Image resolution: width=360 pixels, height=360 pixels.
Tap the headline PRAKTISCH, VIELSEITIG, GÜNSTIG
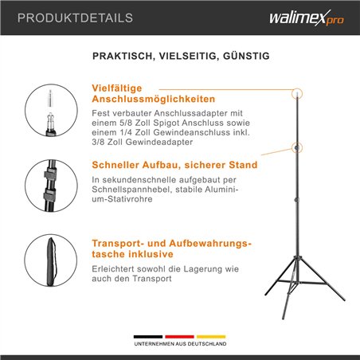181,57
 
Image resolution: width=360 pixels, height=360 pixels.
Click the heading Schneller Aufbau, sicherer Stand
174,165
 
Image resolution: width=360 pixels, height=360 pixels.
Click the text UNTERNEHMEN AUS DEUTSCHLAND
180,345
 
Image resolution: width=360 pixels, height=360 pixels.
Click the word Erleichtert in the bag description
116,270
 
